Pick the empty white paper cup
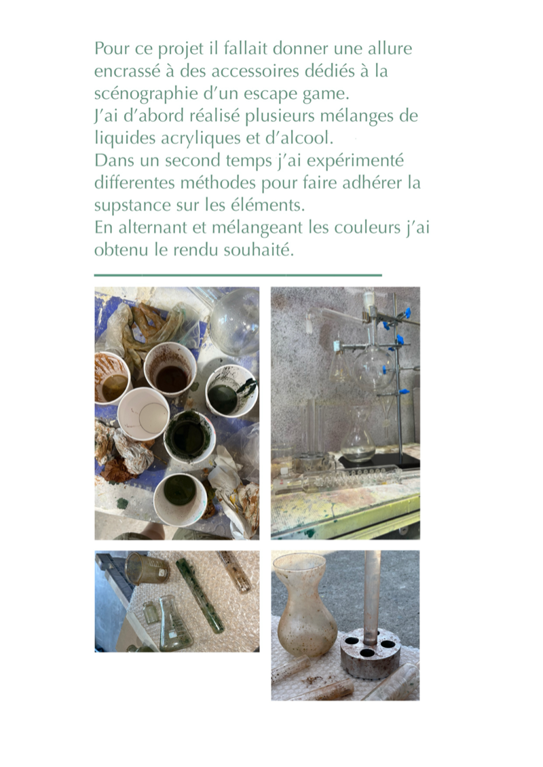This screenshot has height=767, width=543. [143, 413]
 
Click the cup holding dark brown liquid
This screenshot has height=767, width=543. [170, 370]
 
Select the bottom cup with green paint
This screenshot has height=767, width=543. [179, 498]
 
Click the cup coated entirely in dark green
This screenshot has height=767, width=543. [189, 437]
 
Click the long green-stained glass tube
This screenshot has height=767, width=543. [200, 595]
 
